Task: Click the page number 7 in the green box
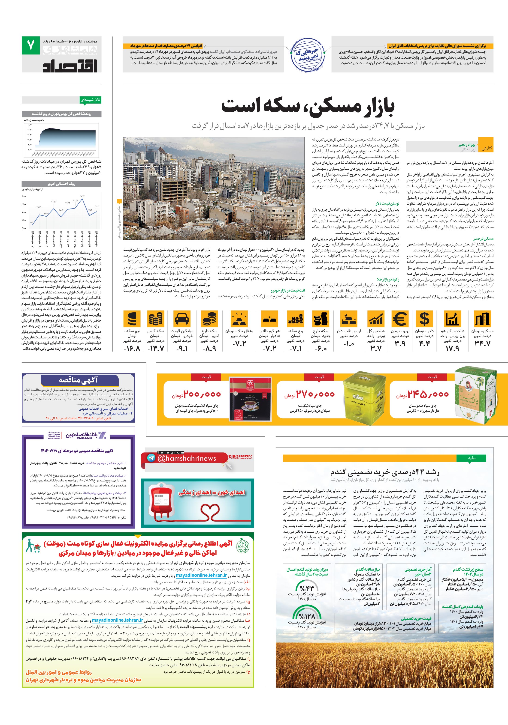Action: [31, 46]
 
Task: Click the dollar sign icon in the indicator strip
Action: [424, 319]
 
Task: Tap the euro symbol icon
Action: [399, 319]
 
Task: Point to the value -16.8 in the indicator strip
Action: [132, 348]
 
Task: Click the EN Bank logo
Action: [86, 436]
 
